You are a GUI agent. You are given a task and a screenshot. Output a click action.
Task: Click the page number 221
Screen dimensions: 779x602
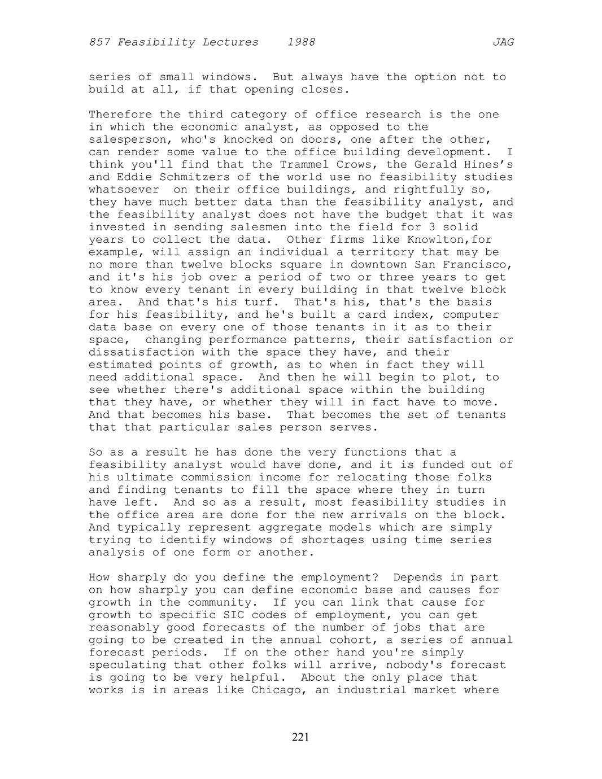pyautogui.click(x=300, y=737)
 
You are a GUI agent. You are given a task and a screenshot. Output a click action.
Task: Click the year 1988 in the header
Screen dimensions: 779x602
pyautogui.click(x=301, y=42)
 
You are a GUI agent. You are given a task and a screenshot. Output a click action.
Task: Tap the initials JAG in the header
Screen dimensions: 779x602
pyautogui.click(x=503, y=42)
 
